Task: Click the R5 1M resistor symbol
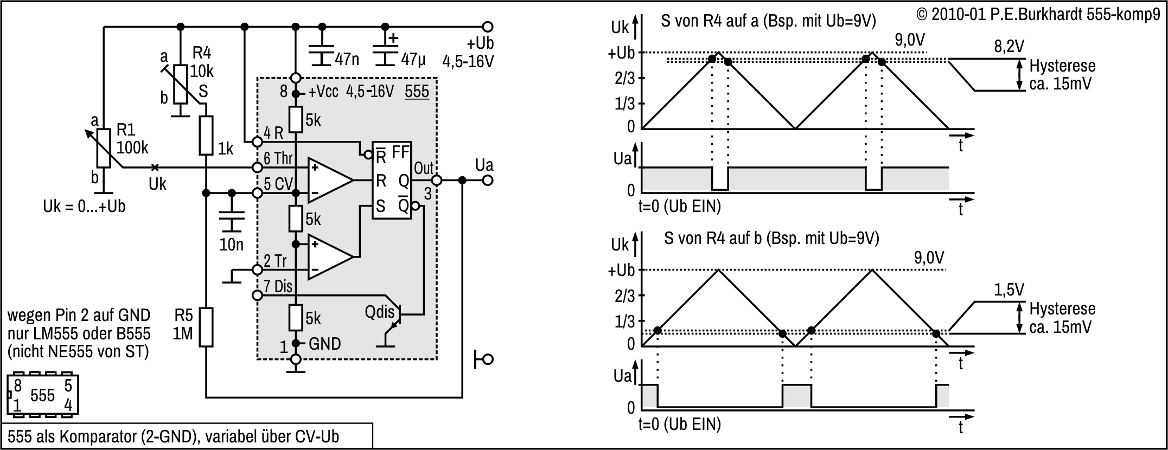pyautogui.click(x=206, y=327)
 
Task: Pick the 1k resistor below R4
pyautogui.click(x=206, y=136)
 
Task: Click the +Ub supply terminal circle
pyautogui.click(x=488, y=27)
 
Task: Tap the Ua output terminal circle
pyautogui.click(x=488, y=181)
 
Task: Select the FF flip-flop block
pyautogui.click(x=392, y=181)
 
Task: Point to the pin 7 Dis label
pyautogui.click(x=278, y=286)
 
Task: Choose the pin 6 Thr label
pyautogui.click(x=278, y=159)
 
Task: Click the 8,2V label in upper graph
pyautogui.click(x=1009, y=47)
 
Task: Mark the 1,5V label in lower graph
pyautogui.click(x=1009, y=290)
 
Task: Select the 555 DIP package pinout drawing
pyautogui.click(x=43, y=395)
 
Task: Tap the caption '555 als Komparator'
pyautogui.click(x=174, y=437)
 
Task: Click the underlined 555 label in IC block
pyautogui.click(x=417, y=91)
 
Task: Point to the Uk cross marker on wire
pyautogui.click(x=155, y=167)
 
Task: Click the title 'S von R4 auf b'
pyautogui.click(x=771, y=238)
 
